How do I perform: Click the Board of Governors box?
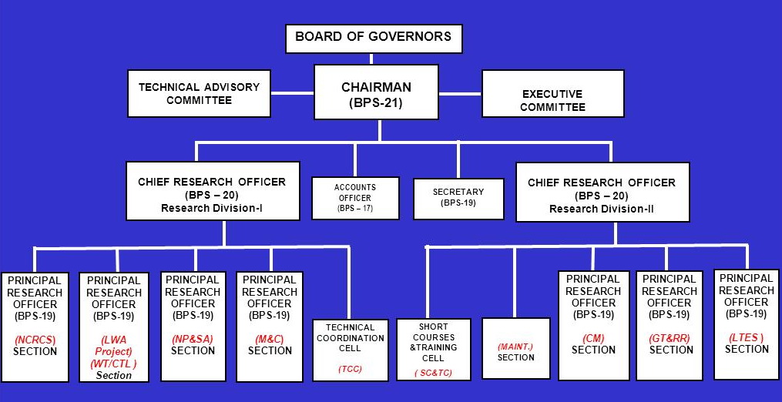(x=374, y=39)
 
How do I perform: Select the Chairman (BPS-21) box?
(x=377, y=92)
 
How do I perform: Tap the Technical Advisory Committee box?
(x=200, y=93)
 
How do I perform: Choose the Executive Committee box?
(x=552, y=94)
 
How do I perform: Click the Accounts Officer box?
(x=355, y=198)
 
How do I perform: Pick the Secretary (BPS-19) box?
(x=458, y=198)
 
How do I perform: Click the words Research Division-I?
(x=211, y=207)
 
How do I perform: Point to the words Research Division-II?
(x=602, y=209)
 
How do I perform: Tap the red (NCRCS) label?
(x=35, y=340)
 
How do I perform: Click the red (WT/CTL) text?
(x=114, y=363)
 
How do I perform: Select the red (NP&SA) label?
(x=193, y=339)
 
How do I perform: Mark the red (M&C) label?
(x=270, y=339)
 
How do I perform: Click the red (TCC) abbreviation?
(x=350, y=369)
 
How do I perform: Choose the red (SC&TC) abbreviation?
(x=434, y=373)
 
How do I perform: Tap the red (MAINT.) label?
(x=515, y=346)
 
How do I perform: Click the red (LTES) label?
(x=747, y=337)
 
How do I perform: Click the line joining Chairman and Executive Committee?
(x=460, y=93)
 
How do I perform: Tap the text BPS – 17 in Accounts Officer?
(x=355, y=209)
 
